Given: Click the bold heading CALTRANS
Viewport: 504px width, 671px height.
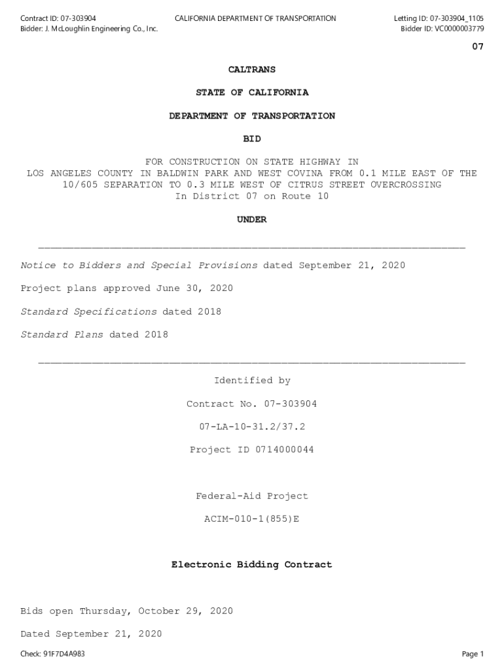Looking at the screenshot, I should pos(252,69).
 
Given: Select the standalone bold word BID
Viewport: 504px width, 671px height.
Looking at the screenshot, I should pos(252,139).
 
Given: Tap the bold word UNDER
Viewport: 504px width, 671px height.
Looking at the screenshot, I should pos(252,220).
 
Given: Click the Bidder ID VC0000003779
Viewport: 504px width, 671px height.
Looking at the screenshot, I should pos(455,29).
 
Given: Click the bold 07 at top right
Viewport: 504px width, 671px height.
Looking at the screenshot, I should pos(478,47).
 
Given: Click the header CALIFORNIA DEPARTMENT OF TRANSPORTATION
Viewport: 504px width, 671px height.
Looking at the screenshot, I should pos(255,18).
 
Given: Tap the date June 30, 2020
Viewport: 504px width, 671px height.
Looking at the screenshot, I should pos(194,288).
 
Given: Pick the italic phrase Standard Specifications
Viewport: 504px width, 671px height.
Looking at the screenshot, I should pos(88,311).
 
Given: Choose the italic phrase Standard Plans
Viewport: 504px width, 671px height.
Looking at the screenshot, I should pos(62,335).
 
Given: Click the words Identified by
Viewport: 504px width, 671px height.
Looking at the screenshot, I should pos(252,381).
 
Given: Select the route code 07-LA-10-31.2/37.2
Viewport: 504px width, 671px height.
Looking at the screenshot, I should pos(252,427).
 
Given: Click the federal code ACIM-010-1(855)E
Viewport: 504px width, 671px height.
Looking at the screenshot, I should pos(252,519).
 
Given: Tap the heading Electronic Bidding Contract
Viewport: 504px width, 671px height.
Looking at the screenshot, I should pos(252,564).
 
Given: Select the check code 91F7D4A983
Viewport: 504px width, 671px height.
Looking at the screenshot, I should pos(64,654).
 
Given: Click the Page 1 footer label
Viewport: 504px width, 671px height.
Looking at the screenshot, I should pos(473,654).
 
